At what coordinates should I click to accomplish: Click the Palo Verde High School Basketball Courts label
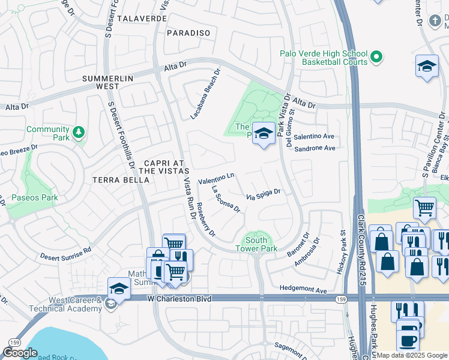coord(324,58)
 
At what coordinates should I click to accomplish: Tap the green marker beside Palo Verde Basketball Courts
coord(377,58)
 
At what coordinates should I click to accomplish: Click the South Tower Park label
coord(256,244)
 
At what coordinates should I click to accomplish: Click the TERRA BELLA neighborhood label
coord(121,180)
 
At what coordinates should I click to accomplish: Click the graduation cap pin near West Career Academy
coord(119,289)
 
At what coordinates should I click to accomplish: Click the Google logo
coord(20,353)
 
